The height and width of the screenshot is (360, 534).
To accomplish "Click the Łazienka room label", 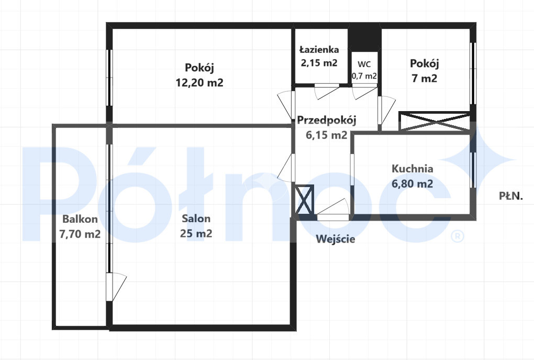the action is [x=319, y=50].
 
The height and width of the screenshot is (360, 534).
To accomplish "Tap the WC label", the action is [x=364, y=64].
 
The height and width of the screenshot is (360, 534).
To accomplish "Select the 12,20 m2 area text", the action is [x=199, y=82].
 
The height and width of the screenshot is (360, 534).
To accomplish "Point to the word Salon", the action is [x=196, y=218].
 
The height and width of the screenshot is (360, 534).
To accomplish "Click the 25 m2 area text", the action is [x=196, y=234].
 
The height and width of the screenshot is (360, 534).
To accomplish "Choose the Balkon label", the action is [x=80, y=219].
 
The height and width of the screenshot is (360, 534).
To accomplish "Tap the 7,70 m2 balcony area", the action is [x=80, y=234].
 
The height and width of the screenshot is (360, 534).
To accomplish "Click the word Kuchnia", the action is [x=413, y=168].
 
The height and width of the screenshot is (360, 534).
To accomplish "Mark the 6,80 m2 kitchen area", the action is [x=413, y=184].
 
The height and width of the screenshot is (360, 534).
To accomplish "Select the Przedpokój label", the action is [x=327, y=121].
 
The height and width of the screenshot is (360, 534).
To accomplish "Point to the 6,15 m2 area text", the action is [x=327, y=135].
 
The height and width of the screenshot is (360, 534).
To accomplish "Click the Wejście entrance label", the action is [x=336, y=239].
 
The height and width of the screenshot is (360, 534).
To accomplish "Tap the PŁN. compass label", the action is [x=511, y=196].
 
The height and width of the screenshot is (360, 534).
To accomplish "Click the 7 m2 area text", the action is [x=425, y=79].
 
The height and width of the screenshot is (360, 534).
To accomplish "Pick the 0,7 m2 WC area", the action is [x=364, y=76].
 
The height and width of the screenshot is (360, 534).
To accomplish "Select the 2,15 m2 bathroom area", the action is [x=319, y=63].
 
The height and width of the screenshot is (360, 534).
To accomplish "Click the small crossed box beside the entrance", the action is [x=304, y=200].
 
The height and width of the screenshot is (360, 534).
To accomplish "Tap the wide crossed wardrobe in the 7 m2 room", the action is [x=434, y=121].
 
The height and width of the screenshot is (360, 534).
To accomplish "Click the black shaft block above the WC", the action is [x=364, y=38].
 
